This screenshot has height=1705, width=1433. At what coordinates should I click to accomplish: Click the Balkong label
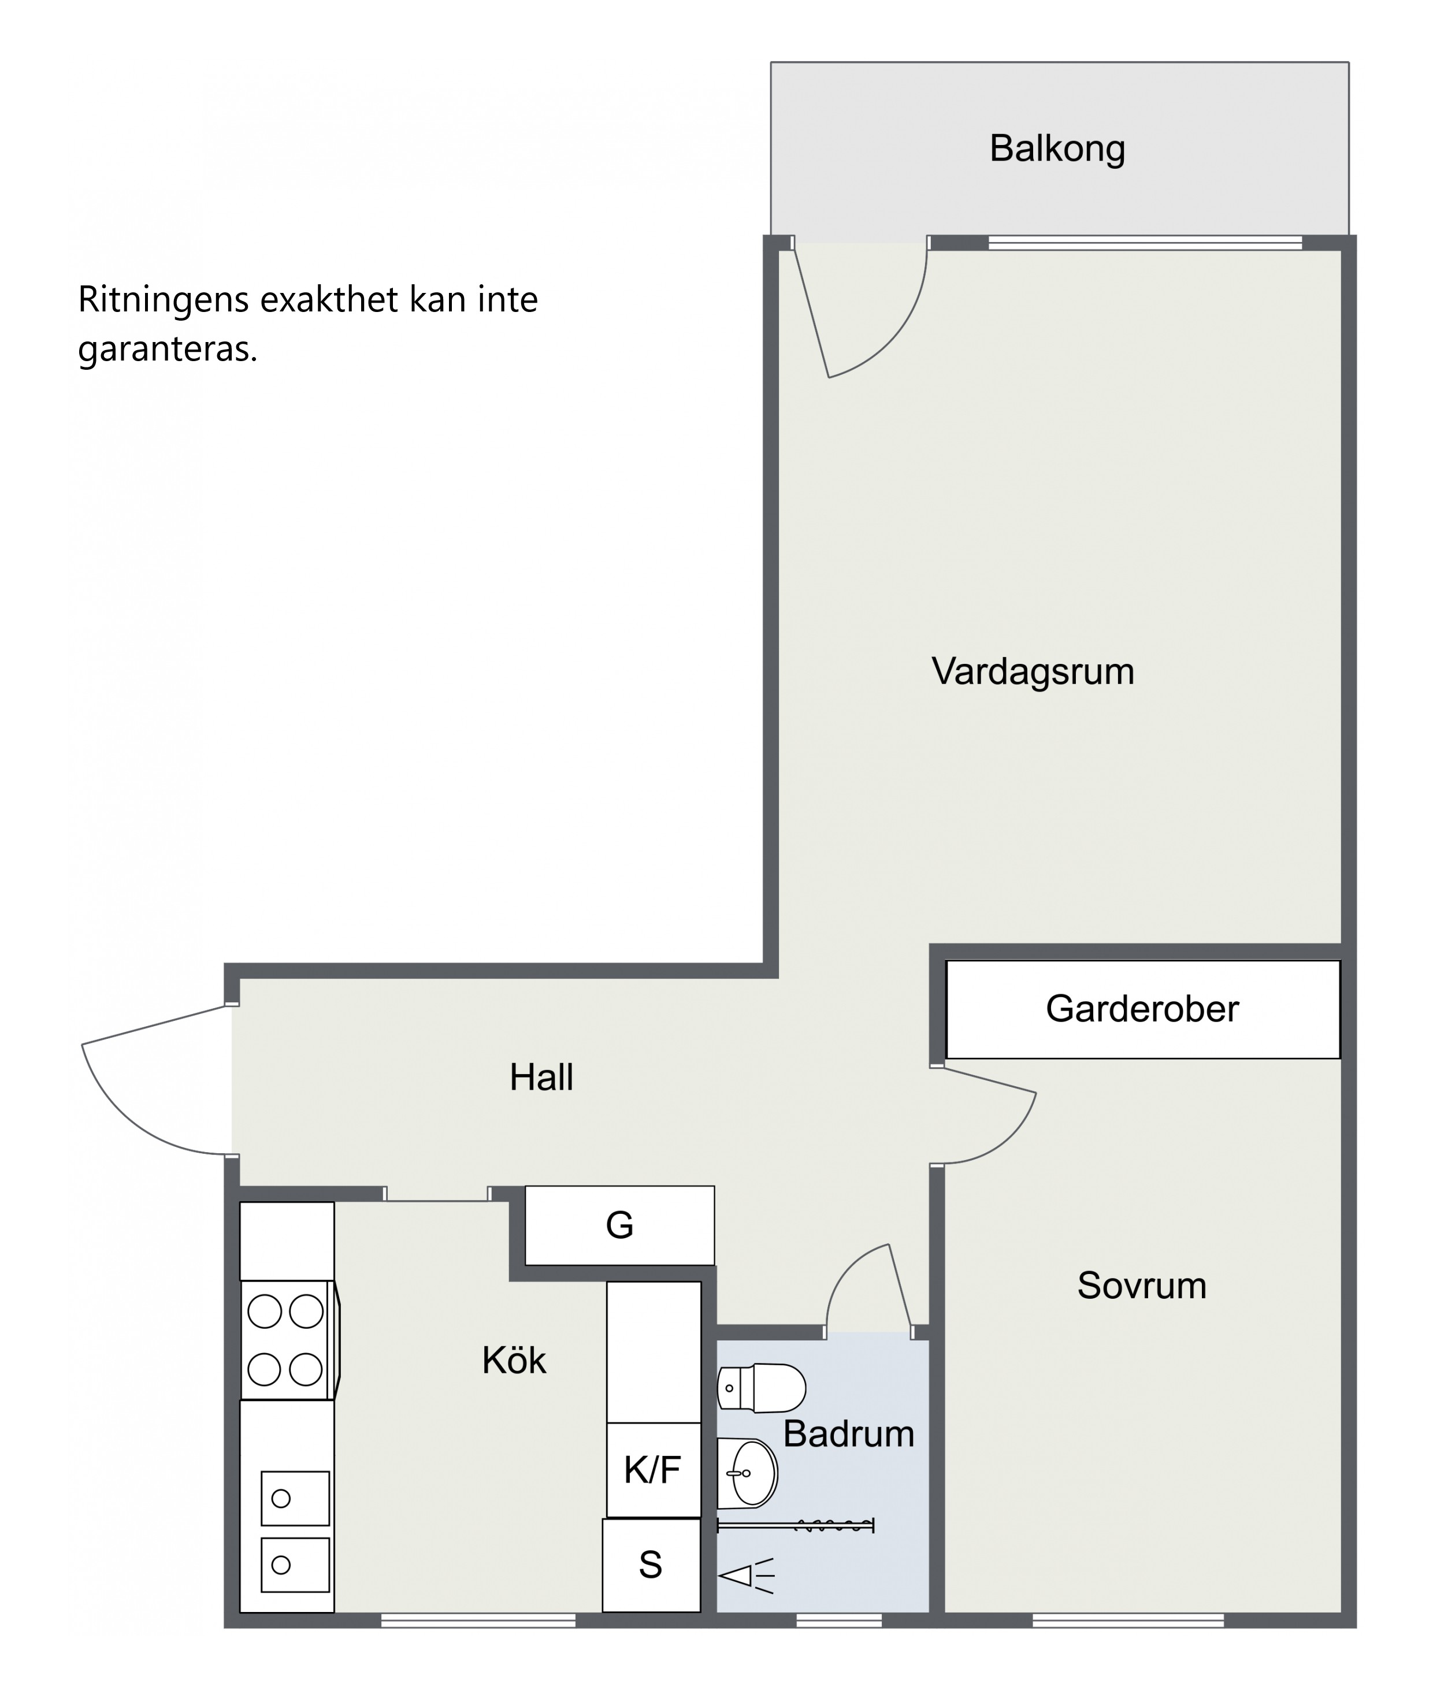1057,148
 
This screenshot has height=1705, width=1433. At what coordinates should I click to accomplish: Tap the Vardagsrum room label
1033,673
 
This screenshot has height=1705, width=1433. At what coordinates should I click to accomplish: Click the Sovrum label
1141,1286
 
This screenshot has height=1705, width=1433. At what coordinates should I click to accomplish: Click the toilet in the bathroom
761,1388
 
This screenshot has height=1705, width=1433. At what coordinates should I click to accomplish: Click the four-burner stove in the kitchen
288,1340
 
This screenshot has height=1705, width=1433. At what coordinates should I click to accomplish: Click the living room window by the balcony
1145,242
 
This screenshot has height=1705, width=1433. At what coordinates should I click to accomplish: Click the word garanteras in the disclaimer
168,350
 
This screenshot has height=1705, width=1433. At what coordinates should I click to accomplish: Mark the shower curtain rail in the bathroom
795,1525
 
